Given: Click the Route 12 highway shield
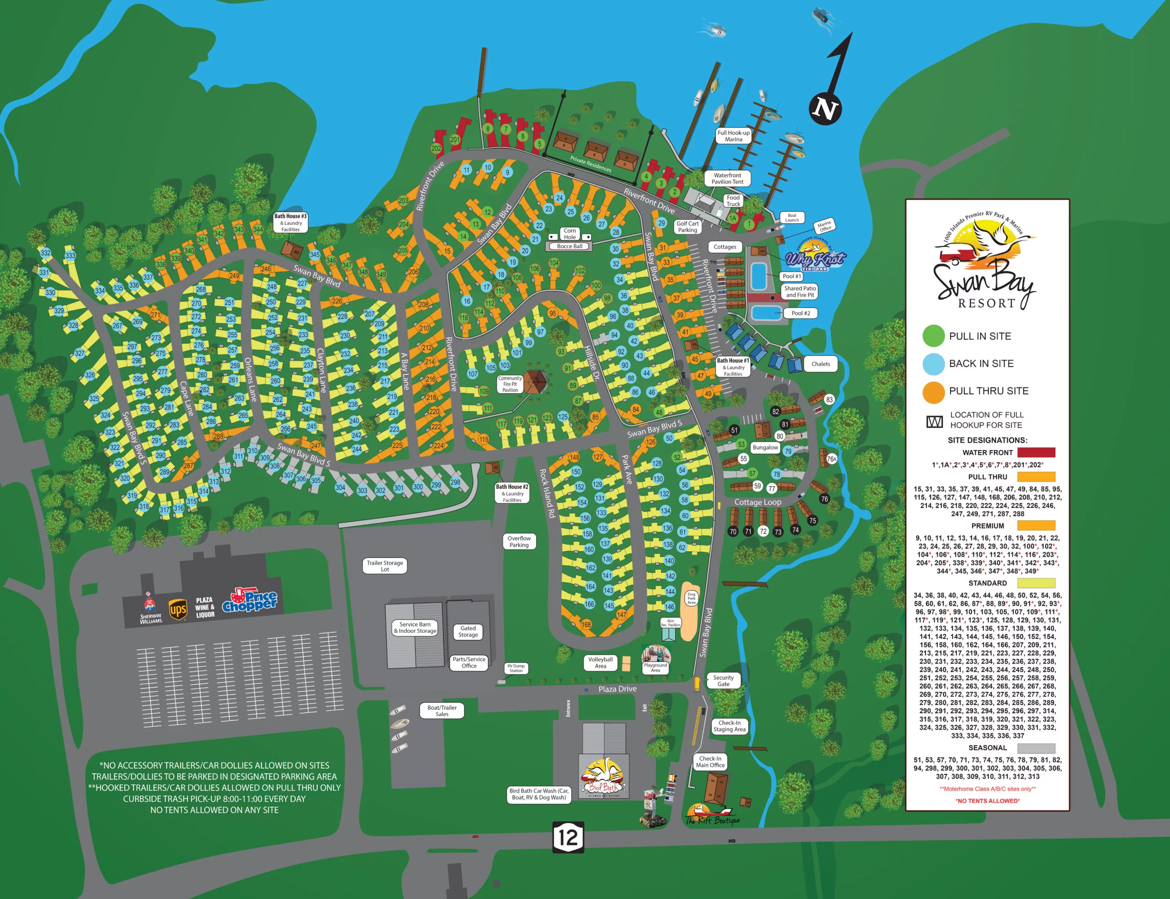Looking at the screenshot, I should (568, 837).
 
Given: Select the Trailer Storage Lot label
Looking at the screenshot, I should (384, 566).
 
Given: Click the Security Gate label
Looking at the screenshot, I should (723, 680).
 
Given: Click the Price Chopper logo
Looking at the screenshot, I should (250, 600).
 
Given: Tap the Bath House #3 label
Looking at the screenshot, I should (290, 223).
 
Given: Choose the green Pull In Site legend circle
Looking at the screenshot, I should (934, 336).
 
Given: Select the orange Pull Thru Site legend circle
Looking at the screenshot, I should (934, 391).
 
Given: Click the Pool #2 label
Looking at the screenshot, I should (801, 313).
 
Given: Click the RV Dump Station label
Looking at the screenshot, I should (516, 668).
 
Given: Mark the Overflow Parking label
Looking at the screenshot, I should (519, 541).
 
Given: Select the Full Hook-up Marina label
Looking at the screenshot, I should (733, 136).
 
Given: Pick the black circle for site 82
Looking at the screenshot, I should (776, 412).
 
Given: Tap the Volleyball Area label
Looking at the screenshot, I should (601, 663).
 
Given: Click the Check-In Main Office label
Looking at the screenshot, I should (710, 761).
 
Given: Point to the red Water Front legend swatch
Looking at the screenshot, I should (1036, 453).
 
